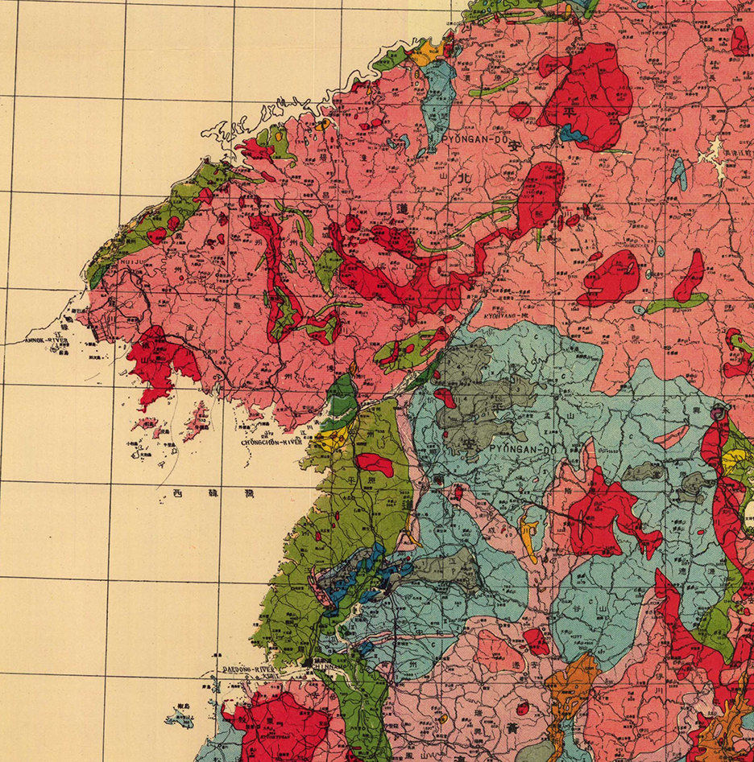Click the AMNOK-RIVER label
48,340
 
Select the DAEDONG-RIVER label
249,669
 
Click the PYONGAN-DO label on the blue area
511,449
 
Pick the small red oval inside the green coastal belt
374,463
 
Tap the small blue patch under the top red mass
574,134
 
